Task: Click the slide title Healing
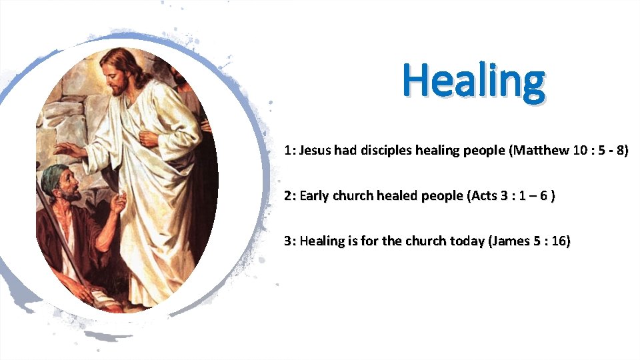pos(473,81)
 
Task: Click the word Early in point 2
pos(315,196)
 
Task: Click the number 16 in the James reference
pos(558,241)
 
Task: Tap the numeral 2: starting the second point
pos(289,196)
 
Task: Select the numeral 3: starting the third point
pos(289,241)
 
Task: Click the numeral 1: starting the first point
pos(289,151)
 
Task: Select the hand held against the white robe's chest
pos(149,139)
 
